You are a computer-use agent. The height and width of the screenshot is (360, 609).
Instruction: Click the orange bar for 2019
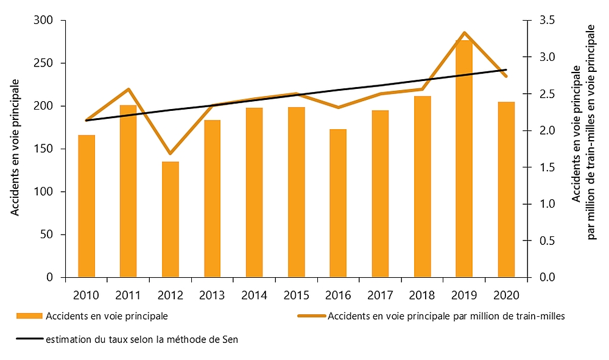pyautogui.click(x=464, y=158)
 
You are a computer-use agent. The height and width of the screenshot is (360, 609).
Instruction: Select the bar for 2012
pyautogui.click(x=170, y=219)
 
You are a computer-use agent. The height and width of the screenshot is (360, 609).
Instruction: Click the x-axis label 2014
pyautogui.click(x=254, y=295)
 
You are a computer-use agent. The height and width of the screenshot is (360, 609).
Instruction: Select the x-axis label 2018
pyautogui.click(x=422, y=295)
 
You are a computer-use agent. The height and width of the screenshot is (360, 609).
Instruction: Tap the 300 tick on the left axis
pyautogui.click(x=47, y=21)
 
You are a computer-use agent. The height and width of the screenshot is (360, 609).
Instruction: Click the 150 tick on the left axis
pyautogui.click(x=47, y=149)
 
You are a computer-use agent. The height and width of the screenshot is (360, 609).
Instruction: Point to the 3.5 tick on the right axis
pyautogui.click(x=544, y=21)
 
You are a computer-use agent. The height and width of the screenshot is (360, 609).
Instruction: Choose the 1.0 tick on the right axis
pyautogui.click(x=544, y=204)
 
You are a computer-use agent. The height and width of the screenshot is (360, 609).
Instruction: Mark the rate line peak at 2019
pyautogui.click(x=464, y=32)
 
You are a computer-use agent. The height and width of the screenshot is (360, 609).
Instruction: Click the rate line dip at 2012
pyautogui.click(x=170, y=154)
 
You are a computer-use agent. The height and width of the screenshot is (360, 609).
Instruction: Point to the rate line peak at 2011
pyautogui.click(x=128, y=90)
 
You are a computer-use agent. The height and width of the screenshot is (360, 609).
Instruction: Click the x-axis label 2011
pyautogui.click(x=128, y=295)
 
